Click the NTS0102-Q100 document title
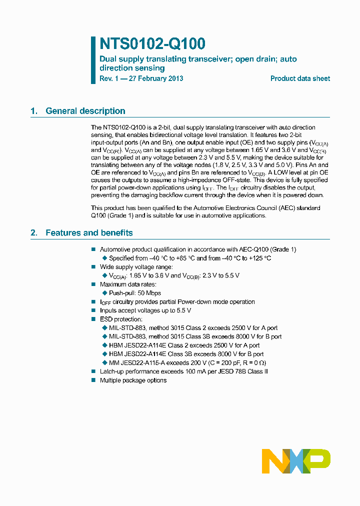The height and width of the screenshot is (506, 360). click(152, 44)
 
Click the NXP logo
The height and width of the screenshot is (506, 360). click(296, 461)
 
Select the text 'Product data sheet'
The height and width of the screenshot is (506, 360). click(300, 78)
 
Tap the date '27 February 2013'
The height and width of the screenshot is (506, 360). click(156, 78)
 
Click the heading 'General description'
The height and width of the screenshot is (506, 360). click(85, 111)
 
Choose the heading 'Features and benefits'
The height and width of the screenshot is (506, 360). click(89, 232)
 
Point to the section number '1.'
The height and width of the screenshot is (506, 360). click(34, 111)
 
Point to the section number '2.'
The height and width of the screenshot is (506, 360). click(34, 232)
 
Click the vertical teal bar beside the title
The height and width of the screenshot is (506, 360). click(93, 60)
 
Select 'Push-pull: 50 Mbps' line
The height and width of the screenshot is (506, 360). click(135, 293)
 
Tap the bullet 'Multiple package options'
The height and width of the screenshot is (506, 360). click(133, 380)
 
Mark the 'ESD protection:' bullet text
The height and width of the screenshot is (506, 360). click(121, 319)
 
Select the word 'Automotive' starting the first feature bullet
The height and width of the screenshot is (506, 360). click(115, 249)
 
